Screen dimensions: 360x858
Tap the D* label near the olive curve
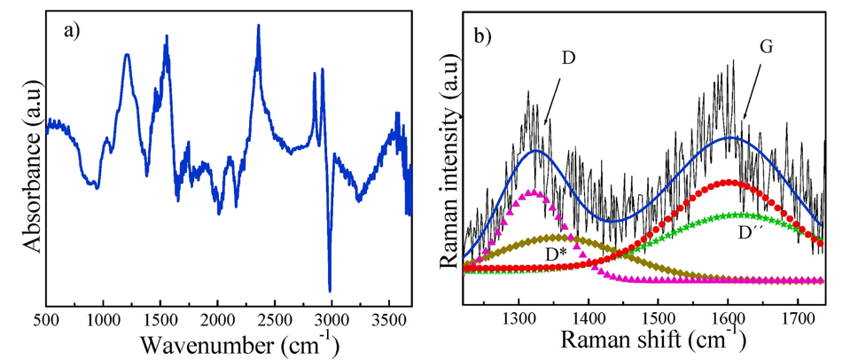(557, 254)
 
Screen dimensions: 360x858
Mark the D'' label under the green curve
(751, 234)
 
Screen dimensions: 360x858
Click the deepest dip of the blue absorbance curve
(330, 290)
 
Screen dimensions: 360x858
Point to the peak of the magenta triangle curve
(531, 191)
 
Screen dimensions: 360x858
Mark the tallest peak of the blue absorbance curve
(258, 26)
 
